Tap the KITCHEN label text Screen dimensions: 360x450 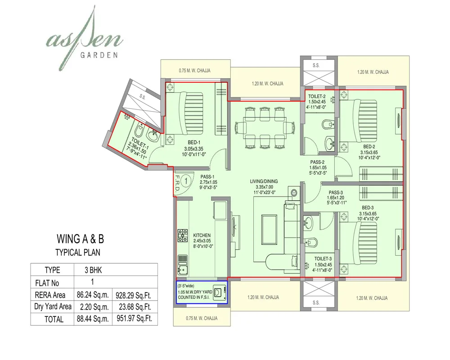[202, 235]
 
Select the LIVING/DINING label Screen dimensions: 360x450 [264, 181]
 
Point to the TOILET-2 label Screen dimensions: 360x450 [317, 96]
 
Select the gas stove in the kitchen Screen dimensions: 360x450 [183, 235]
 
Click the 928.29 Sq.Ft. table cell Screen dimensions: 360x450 [135, 295]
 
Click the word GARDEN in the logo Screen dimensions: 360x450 [99, 56]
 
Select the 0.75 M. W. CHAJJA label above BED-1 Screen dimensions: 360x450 [195, 71]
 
